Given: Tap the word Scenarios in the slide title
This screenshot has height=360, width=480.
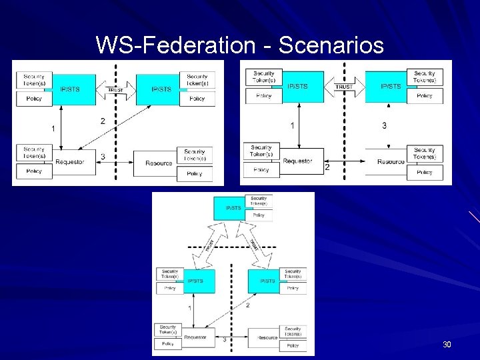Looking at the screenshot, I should (x=331, y=45).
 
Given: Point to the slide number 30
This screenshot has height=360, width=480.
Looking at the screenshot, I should (x=447, y=345).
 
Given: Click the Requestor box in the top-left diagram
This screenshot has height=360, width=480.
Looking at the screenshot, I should (x=70, y=162).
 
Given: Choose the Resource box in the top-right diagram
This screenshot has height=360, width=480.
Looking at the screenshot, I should (x=391, y=161).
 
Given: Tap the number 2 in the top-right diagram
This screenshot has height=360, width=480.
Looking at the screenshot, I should (x=327, y=168).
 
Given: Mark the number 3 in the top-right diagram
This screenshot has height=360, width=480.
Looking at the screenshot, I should (x=384, y=125).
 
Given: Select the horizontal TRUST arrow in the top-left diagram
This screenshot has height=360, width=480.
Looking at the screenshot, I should (x=116, y=89).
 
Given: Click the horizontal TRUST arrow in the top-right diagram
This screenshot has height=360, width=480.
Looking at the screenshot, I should (x=344, y=86).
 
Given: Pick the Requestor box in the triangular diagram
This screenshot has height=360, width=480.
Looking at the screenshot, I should (x=195, y=337).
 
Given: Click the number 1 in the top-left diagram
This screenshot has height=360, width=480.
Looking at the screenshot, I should (x=53, y=128).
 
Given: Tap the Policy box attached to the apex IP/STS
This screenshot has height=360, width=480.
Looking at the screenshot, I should (x=259, y=215).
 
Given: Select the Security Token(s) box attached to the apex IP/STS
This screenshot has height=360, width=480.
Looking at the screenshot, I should (x=259, y=201).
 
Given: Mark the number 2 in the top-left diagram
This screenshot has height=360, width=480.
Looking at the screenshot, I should (x=102, y=121).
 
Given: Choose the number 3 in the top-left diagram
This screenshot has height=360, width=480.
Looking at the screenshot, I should (x=102, y=157).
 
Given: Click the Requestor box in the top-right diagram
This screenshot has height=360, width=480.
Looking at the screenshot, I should (x=297, y=161).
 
